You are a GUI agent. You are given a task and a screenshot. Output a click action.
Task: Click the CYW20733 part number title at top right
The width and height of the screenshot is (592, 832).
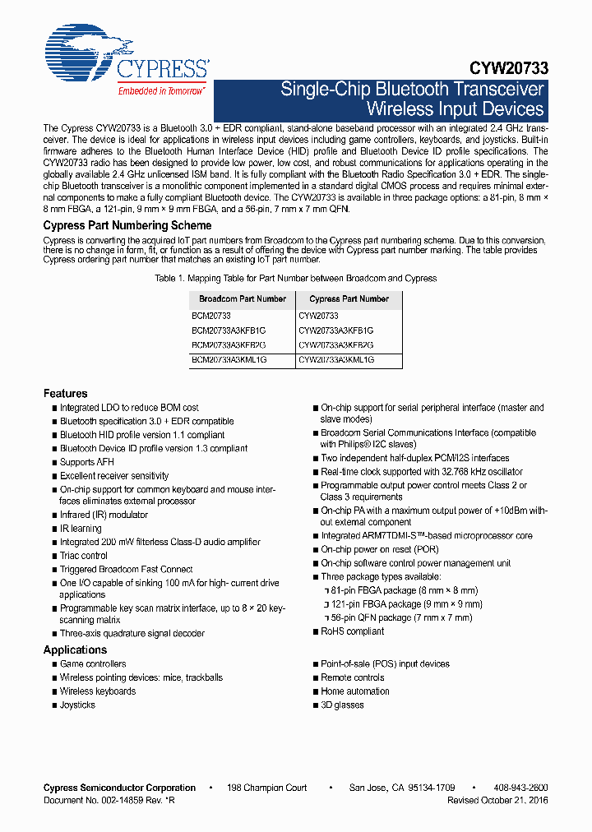(x=509, y=69)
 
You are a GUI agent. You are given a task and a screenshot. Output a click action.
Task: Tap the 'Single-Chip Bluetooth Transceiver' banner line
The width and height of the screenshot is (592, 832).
(x=412, y=90)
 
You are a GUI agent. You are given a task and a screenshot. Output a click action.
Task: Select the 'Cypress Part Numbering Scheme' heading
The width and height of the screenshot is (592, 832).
(x=127, y=225)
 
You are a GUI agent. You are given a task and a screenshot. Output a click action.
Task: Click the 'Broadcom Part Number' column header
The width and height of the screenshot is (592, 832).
(x=243, y=299)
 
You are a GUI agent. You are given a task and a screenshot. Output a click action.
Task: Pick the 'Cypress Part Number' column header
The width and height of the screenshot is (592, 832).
(x=349, y=299)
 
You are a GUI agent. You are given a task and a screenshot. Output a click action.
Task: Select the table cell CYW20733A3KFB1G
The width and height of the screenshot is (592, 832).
(x=336, y=330)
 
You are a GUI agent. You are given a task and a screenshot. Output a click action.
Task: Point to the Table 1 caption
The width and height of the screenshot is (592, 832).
(x=296, y=279)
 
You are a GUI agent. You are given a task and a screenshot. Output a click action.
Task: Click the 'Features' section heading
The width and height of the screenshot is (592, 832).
(x=66, y=394)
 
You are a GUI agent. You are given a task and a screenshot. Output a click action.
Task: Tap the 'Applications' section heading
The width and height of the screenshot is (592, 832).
(x=76, y=649)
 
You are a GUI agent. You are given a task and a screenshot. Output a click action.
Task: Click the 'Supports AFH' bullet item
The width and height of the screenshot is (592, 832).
(x=87, y=462)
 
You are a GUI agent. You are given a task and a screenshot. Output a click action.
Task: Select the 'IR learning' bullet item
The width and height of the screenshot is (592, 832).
(x=81, y=529)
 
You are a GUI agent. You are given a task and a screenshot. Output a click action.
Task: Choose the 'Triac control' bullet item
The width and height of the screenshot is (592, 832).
(x=84, y=556)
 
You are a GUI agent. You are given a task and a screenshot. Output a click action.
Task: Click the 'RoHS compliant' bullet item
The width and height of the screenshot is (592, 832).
(x=352, y=631)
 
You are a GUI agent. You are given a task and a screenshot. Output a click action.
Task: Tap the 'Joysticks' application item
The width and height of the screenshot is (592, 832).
(x=78, y=705)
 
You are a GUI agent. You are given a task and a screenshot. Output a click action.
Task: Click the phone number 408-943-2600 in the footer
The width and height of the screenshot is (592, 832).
(x=521, y=788)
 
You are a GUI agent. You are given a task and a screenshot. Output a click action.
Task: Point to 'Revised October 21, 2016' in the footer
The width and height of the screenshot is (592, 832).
(x=497, y=800)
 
